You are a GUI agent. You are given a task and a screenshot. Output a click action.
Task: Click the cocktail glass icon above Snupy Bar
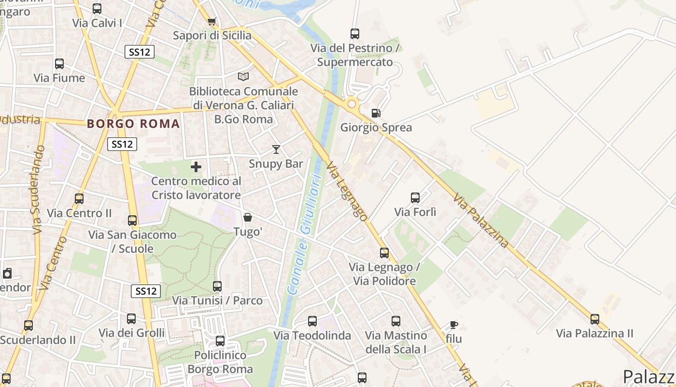(x=276, y=149)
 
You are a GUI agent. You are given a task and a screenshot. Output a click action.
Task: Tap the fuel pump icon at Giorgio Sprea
(x=376, y=113)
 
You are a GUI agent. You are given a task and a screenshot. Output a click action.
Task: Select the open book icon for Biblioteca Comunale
(x=243, y=76)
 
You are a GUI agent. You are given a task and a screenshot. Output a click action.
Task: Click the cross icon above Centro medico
(x=196, y=167)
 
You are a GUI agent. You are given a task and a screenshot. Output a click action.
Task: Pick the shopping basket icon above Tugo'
(x=248, y=217)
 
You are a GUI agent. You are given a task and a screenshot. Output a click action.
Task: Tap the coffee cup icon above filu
(x=453, y=325)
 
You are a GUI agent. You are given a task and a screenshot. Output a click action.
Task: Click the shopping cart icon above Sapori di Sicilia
(x=211, y=21)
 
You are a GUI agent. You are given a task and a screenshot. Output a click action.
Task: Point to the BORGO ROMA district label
(x=133, y=124)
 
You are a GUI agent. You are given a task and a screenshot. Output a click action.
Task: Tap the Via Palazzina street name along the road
(x=481, y=220)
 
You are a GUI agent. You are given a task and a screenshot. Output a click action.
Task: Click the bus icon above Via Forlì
(x=415, y=197)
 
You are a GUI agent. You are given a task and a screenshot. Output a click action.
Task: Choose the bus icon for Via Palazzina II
(x=595, y=319)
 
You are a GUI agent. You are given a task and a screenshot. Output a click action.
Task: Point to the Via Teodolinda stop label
(x=312, y=335)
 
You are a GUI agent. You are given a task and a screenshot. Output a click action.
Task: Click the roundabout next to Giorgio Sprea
(x=352, y=104)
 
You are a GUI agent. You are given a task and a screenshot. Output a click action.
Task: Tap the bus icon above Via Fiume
(x=59, y=63)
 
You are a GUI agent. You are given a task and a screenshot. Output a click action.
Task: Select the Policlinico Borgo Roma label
(x=220, y=362)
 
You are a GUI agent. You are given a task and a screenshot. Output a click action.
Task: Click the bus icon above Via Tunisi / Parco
(x=217, y=286)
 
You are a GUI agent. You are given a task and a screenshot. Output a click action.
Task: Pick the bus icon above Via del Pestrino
(x=355, y=34)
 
